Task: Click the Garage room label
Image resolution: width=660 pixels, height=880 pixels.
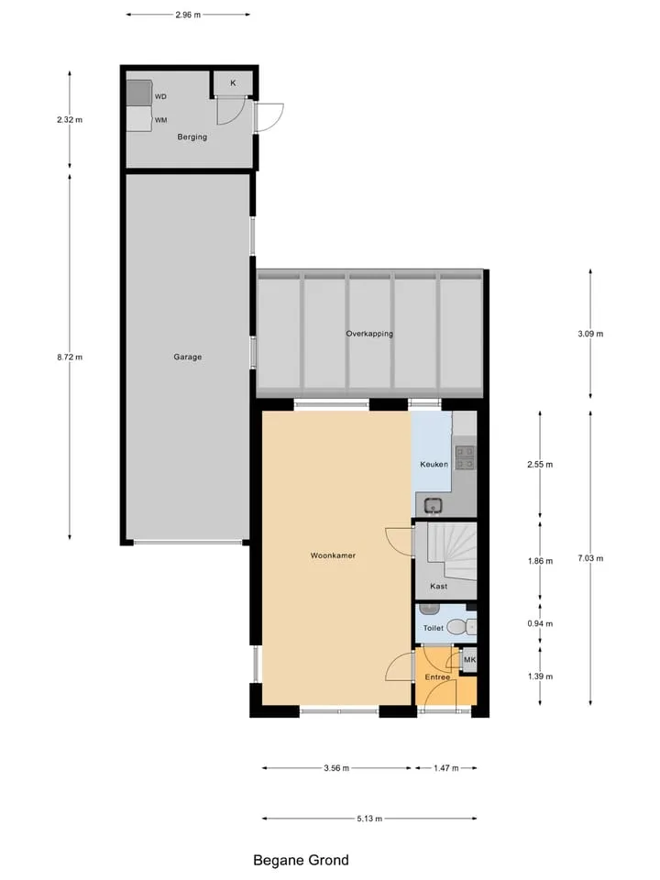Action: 187,357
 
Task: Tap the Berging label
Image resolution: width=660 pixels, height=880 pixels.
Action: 192,137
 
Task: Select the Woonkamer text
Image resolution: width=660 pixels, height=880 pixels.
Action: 333,555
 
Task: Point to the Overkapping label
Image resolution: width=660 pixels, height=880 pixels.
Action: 369,334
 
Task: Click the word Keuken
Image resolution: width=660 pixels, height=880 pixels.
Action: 434,465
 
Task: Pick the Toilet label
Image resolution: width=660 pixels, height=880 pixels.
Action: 434,628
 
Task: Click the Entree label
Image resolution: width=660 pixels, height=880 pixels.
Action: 437,677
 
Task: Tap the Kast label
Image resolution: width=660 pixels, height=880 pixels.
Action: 439,587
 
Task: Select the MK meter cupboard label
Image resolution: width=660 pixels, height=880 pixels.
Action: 469,660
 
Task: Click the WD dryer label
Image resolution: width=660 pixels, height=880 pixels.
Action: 160,97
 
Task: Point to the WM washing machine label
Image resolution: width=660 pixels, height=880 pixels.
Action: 161,120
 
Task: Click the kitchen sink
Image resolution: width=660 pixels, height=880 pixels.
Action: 433,506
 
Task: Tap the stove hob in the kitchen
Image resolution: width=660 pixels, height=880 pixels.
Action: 466,457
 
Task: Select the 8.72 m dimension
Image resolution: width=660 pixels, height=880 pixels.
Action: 70,357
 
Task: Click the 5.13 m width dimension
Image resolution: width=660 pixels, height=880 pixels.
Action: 369,819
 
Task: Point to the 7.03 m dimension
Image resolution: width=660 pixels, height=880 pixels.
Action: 590,558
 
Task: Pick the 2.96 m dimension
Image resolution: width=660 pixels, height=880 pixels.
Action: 188,16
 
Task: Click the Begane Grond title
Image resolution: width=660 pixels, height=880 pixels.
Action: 301,861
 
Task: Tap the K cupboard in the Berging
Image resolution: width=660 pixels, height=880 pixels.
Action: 233,83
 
